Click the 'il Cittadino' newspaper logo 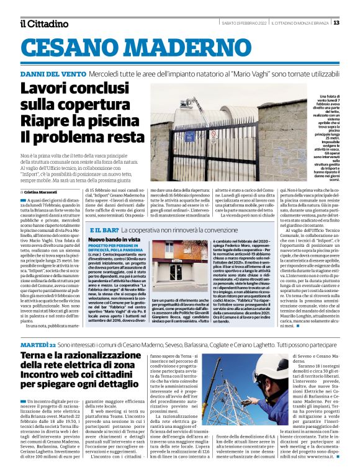tap(43, 24)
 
